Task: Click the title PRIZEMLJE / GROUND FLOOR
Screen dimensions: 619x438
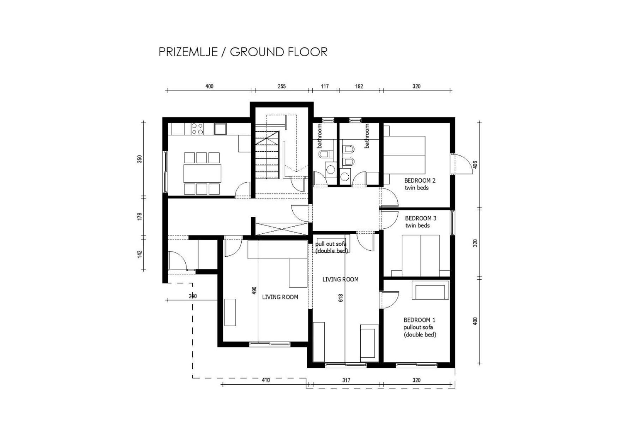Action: pyautogui.click(x=243, y=52)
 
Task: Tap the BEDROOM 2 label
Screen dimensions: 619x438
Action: pyautogui.click(x=420, y=180)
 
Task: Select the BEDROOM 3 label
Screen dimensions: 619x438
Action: pyautogui.click(x=421, y=218)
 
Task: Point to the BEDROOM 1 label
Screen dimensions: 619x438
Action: pyautogui.click(x=419, y=320)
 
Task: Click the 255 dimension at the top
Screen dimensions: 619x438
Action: pyautogui.click(x=282, y=86)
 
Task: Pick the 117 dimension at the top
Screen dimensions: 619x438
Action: pyautogui.click(x=325, y=86)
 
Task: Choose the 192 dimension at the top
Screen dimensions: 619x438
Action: pyautogui.click(x=359, y=86)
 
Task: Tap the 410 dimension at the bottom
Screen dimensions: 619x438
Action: pyautogui.click(x=266, y=380)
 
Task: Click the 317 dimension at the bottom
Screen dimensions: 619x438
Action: pyautogui.click(x=346, y=380)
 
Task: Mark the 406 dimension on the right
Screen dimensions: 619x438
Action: pyautogui.click(x=475, y=165)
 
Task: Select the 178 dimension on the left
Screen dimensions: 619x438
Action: pyautogui.click(x=140, y=216)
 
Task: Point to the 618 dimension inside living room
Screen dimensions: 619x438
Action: pyautogui.click(x=341, y=298)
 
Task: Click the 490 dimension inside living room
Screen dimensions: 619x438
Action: pyautogui.click(x=254, y=291)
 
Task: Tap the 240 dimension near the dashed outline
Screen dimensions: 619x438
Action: pyautogui.click(x=193, y=296)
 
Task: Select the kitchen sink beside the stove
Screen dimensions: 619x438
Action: pyautogui.click(x=220, y=129)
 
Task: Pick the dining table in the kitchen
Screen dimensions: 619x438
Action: pyautogui.click(x=202, y=173)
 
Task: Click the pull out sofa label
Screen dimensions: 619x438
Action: pyautogui.click(x=331, y=244)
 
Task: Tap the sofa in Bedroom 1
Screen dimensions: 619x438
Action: pyautogui.click(x=430, y=291)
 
